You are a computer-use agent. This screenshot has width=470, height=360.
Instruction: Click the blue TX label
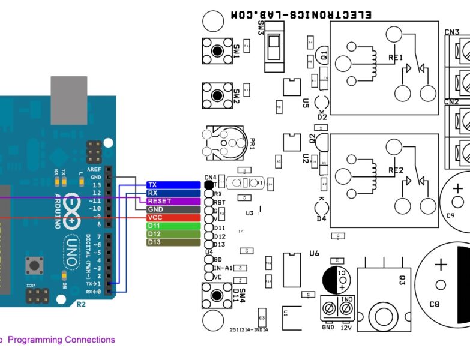pyautogui.click(x=173, y=185)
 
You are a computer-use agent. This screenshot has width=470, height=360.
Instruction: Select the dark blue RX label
pyautogui.click(x=173, y=193)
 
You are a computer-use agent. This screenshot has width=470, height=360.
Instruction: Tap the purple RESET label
pyautogui.click(x=173, y=201)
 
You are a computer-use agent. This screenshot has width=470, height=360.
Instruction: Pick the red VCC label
pyautogui.click(x=173, y=217)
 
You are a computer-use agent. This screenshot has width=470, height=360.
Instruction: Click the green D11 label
pyautogui.click(x=173, y=226)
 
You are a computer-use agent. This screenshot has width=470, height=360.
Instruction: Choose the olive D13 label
pyautogui.click(x=173, y=242)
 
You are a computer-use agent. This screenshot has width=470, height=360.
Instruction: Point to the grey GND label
pyautogui.click(x=173, y=209)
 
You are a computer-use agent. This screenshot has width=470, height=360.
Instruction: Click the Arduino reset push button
pyautogui.click(x=34, y=264)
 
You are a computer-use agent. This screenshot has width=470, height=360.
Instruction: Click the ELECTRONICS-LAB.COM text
pyautogui.click(x=301, y=14)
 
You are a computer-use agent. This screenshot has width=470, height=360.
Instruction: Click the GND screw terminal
pyautogui.click(x=328, y=308)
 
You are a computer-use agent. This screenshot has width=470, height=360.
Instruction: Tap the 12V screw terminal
pyautogui.click(x=346, y=308)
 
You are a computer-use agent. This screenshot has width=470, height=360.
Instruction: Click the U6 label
pyautogui.click(x=314, y=253)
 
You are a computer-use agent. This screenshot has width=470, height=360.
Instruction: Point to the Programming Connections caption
pyautogui.click(x=60, y=340)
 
